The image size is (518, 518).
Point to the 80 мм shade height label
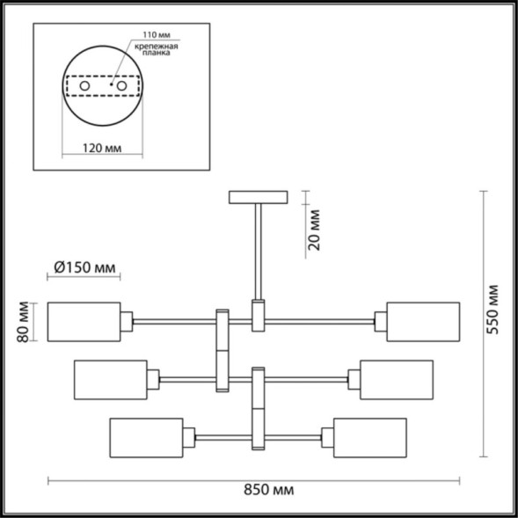(25, 322)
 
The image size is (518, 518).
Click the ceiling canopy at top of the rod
(257, 197)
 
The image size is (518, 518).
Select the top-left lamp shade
(84, 322)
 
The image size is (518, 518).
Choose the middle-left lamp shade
(111, 379)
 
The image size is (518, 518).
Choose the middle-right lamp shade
(397, 379)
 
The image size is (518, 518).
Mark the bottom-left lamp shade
(146, 437)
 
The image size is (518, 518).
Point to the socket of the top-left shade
(127, 322)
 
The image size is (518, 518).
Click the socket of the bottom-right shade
(327, 437)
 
